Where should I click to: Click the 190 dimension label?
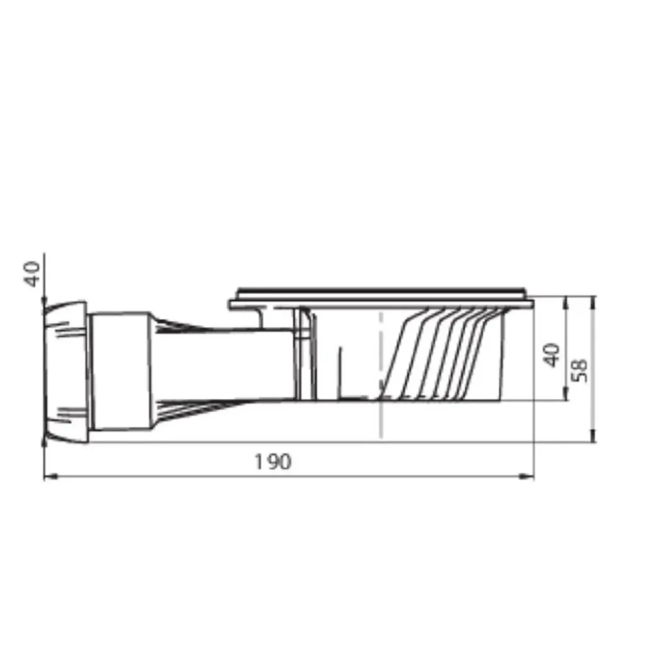273,462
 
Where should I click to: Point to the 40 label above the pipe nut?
33,274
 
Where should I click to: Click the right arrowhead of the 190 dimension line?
528,477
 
